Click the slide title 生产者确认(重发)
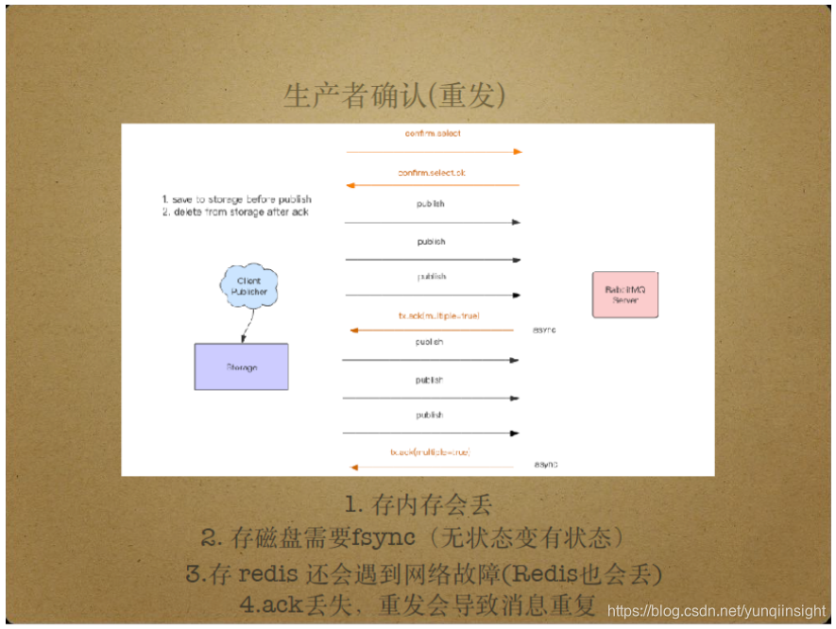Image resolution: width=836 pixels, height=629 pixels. (x=394, y=95)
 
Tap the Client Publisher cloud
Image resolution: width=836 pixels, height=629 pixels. (x=248, y=286)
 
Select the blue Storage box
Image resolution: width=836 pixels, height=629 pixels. (x=241, y=366)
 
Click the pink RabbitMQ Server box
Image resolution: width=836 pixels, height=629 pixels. (x=624, y=294)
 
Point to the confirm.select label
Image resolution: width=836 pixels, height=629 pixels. (x=433, y=134)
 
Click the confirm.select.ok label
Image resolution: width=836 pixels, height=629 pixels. (x=433, y=173)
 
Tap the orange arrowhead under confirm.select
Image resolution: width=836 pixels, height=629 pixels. (x=517, y=151)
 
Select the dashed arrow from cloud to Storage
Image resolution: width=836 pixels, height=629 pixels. (x=245, y=326)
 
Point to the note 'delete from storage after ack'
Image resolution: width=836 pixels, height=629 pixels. (x=235, y=212)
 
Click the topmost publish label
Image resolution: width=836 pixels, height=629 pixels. (x=431, y=204)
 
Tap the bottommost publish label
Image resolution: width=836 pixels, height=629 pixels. (x=430, y=416)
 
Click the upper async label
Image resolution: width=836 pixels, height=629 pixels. (x=545, y=330)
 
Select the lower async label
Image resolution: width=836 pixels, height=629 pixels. (x=546, y=465)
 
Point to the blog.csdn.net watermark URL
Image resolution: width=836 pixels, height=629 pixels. (x=718, y=611)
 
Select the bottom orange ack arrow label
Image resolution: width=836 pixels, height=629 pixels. (x=430, y=452)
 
